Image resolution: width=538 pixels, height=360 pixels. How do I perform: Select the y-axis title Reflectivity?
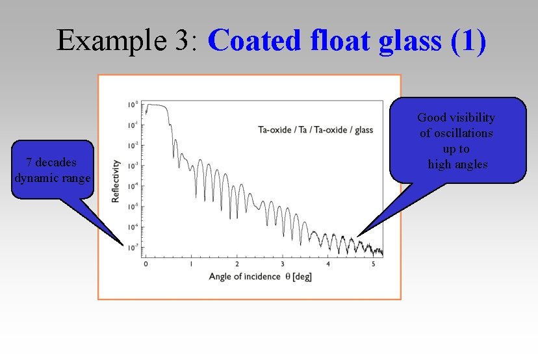(x=116, y=181)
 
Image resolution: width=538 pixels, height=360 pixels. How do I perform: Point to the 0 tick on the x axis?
(x=146, y=264)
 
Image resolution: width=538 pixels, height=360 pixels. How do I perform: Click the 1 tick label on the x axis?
(x=191, y=264)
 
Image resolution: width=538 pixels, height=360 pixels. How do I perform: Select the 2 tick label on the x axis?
(x=237, y=264)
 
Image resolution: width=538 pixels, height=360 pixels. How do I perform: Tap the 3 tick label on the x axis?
(x=282, y=264)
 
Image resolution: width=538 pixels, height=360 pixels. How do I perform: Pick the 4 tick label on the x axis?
(x=327, y=264)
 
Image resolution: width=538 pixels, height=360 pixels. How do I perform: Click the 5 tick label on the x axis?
(x=373, y=264)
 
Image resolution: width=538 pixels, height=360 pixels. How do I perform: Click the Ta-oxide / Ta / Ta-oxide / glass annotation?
(x=315, y=129)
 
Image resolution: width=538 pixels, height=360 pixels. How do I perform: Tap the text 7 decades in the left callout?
(x=51, y=162)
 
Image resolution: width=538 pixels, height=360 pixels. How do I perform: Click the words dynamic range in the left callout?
(x=52, y=178)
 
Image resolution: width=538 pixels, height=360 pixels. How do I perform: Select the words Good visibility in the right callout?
(x=456, y=118)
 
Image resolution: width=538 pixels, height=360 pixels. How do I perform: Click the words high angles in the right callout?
(x=457, y=164)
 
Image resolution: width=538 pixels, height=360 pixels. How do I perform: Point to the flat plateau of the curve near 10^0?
(x=157, y=105)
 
